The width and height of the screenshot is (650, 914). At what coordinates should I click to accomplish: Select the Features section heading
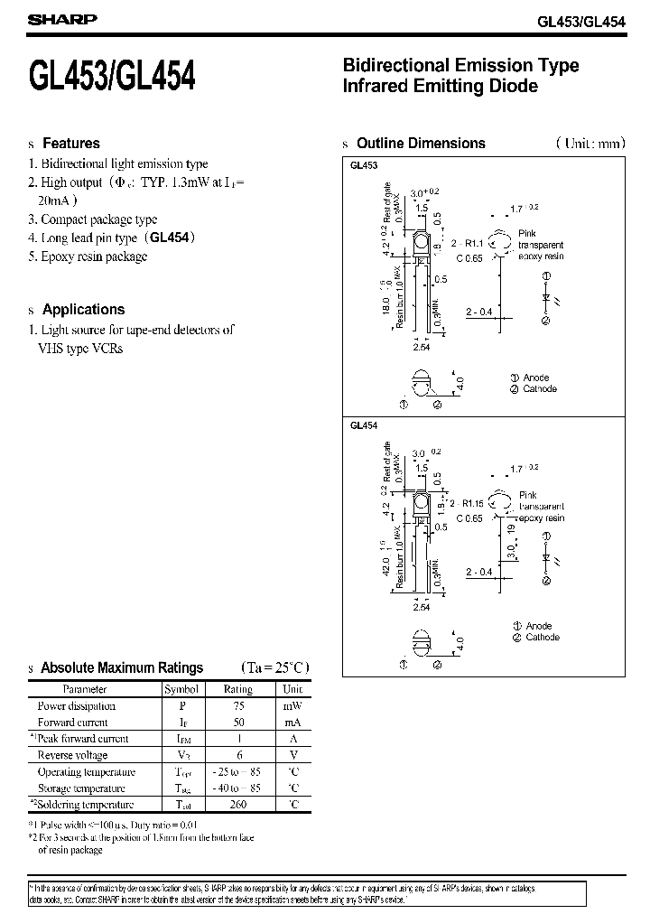pyautogui.click(x=71, y=144)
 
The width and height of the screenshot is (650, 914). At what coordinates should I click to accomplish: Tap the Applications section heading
pyautogui.click(x=83, y=309)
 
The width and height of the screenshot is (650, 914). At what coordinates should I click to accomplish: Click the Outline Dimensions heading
pyautogui.click(x=421, y=144)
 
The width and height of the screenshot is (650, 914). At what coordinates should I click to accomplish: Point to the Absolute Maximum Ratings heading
pyautogui.click(x=123, y=668)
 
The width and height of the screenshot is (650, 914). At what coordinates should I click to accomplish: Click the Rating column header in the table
pyautogui.click(x=238, y=689)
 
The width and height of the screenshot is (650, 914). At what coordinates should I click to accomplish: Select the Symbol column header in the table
pyautogui.click(x=181, y=689)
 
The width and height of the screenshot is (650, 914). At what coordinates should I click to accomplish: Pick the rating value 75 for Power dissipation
pyautogui.click(x=238, y=706)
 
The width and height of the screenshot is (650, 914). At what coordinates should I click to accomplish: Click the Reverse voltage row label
pyautogui.click(x=72, y=755)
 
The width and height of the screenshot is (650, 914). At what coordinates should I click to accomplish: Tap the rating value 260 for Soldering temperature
pyautogui.click(x=238, y=805)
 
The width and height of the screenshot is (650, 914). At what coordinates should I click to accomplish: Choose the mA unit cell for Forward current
pyautogui.click(x=293, y=723)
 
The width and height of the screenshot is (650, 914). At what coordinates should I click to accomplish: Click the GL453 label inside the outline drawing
pyautogui.click(x=363, y=166)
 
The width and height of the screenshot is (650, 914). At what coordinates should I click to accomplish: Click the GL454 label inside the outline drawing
pyautogui.click(x=363, y=425)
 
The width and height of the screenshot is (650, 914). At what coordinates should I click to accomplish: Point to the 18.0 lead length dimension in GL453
pyautogui.click(x=387, y=297)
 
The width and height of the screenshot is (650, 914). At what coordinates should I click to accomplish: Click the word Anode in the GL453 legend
pyautogui.click(x=536, y=378)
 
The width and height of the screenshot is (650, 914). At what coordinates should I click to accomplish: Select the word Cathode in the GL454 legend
pyautogui.click(x=543, y=638)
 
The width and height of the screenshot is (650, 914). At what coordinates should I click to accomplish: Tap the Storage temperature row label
pyautogui.click(x=80, y=788)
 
